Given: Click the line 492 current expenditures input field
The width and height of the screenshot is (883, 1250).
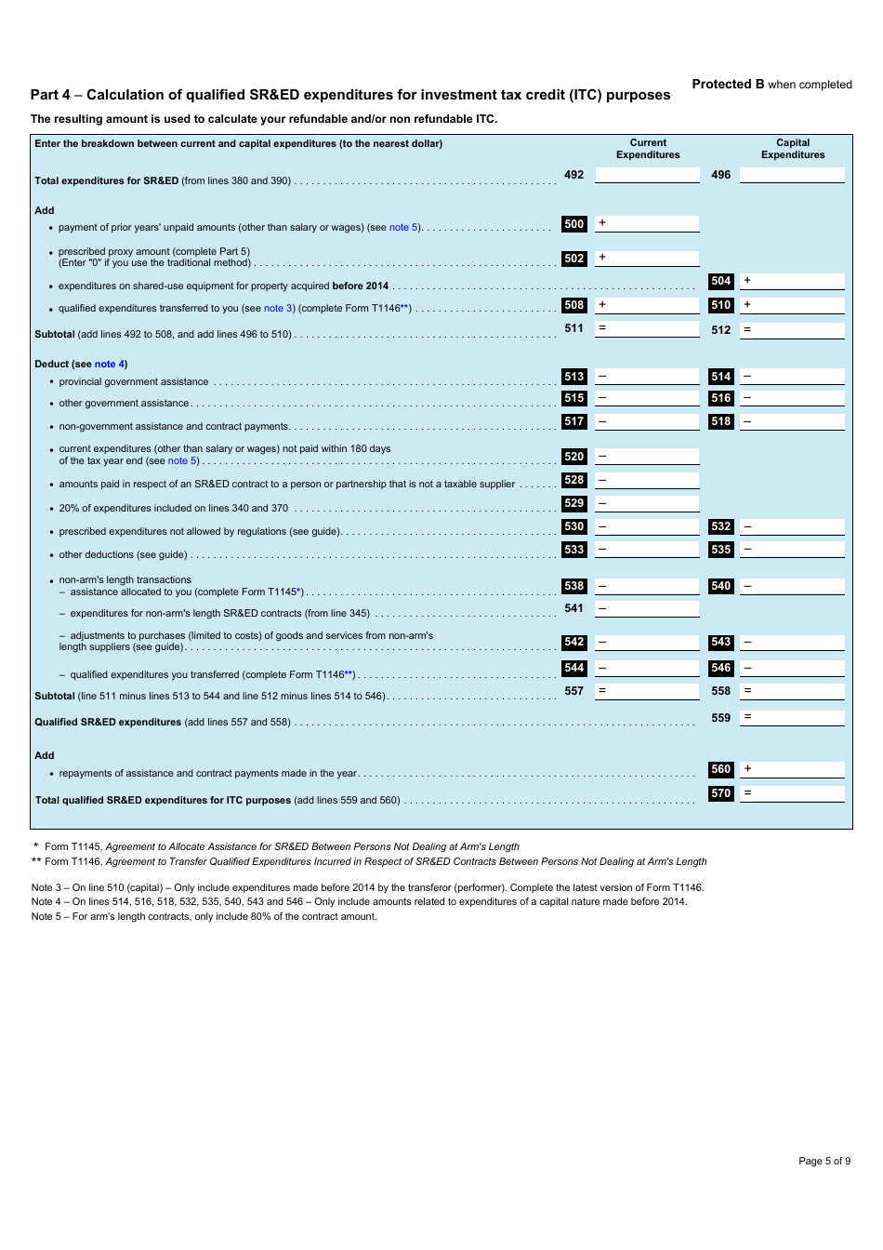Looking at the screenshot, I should pos(647,175).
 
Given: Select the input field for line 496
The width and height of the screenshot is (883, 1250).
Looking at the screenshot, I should pos(792,175).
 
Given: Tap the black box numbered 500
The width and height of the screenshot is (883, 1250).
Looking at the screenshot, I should pos(574,224).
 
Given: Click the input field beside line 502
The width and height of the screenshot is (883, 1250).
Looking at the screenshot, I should pos(647,258).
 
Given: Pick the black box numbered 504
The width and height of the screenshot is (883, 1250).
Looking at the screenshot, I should pos(720,281).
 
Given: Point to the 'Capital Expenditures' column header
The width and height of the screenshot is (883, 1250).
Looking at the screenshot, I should pos(793,149).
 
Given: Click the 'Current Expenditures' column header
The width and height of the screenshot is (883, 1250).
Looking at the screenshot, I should pos(648,149).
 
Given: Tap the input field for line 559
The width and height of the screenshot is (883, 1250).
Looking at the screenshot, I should pos(792,718).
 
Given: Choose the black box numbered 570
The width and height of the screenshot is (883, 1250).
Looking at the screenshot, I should pos(720,793).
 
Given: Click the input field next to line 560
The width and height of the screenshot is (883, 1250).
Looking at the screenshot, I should pos(792,769).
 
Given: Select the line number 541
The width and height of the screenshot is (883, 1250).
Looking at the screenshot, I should pos(574,608).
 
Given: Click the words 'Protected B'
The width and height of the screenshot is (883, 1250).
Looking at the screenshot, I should pos(728,84).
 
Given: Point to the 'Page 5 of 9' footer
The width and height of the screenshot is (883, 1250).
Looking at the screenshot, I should pos(824,1161).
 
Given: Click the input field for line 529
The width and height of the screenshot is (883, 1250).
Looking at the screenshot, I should pos(647,503).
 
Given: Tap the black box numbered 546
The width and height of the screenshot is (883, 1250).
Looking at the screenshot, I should pos(720,668).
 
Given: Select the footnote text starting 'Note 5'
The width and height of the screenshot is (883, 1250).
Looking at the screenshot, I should pos(204,916).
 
